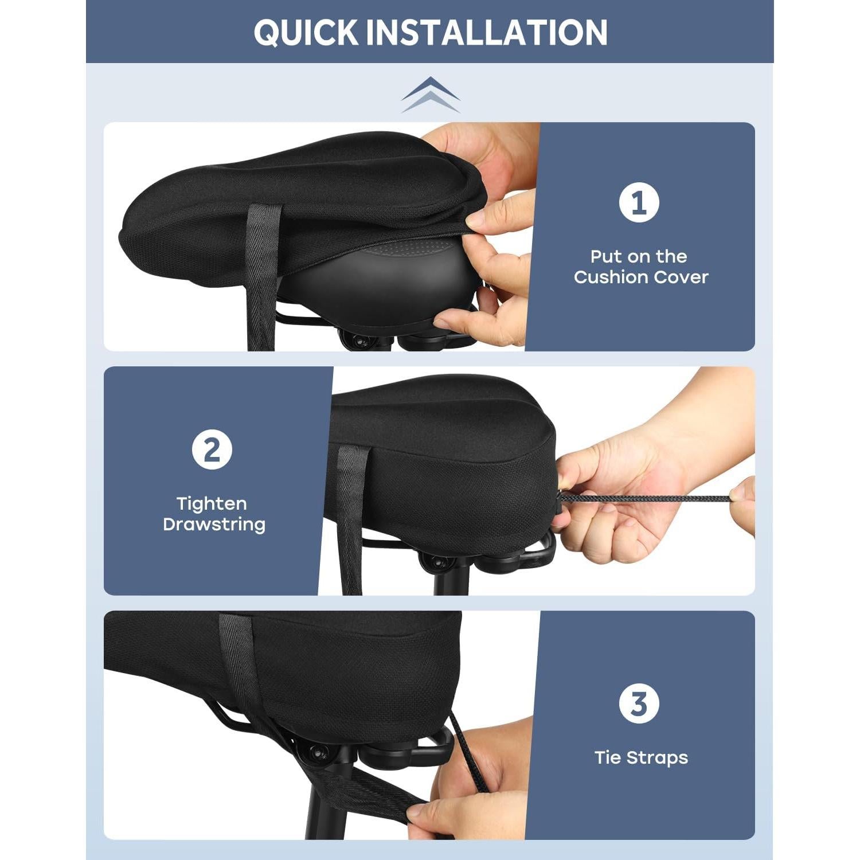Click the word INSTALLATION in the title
coord(487,33)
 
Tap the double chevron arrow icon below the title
coord(430,95)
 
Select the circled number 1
coord(639,202)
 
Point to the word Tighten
coord(212,504)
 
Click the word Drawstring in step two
coord(214,525)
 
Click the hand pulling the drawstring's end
coord(742,505)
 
